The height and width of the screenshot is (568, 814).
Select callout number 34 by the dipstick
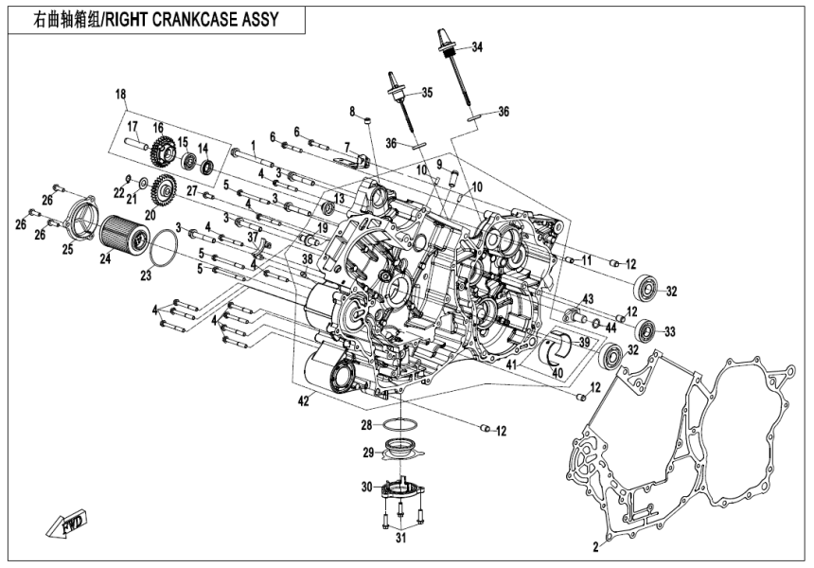[x=476, y=47]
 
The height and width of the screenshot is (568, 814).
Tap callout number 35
[x=426, y=92]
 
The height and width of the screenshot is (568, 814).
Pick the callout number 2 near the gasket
[x=596, y=547]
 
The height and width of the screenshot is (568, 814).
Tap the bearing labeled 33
[x=646, y=330]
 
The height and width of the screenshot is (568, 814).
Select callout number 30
[x=367, y=488]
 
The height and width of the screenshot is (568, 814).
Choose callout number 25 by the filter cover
[x=67, y=249]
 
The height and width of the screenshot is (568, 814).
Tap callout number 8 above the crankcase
[x=351, y=112]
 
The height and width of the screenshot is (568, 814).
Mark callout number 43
[x=589, y=299]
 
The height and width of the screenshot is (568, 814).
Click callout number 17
[x=133, y=127]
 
